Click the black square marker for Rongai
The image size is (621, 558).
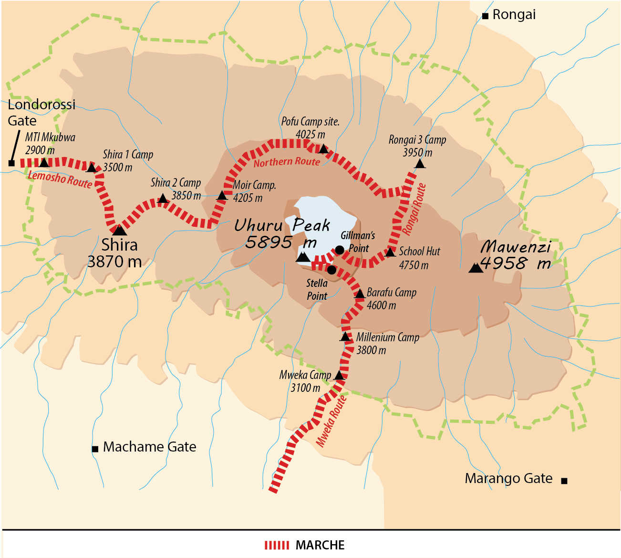click(485, 16)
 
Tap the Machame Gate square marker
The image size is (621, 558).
click(95, 449)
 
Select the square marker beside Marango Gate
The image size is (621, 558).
click(564, 481)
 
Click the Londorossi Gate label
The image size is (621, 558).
click(41, 112)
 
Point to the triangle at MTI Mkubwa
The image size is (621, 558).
click(44, 163)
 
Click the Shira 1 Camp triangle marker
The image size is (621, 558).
click(92, 168)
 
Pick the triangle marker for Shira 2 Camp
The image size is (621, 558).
click(163, 198)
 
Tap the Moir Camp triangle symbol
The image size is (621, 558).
click(222, 195)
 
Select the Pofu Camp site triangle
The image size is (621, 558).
click(323, 149)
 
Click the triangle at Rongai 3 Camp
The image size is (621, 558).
click(419, 164)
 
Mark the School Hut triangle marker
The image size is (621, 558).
click(390, 252)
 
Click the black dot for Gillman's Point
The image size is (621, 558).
click(339, 250)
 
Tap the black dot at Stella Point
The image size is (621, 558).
click(332, 270)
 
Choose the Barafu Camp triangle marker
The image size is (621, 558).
click(360, 294)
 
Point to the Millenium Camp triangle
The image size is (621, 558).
click(345, 337)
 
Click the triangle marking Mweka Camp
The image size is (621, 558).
click(339, 375)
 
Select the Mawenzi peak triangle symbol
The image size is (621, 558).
click(475, 268)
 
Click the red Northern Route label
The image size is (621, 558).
click(287, 162)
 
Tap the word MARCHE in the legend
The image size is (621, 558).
click(320, 545)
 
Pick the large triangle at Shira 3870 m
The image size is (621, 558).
click(119, 230)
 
